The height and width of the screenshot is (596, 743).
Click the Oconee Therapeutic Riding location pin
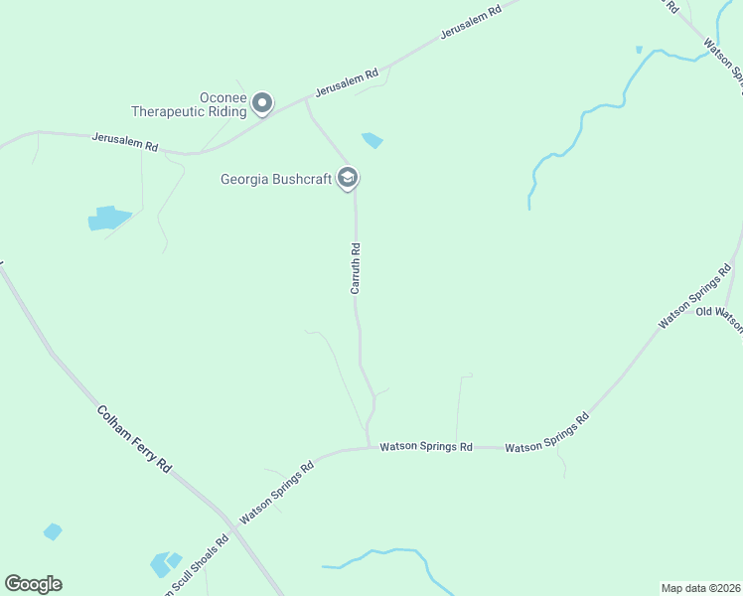(262, 102)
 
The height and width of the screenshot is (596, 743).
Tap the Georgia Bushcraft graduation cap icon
(348, 178)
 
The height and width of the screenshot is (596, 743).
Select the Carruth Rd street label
(355, 269)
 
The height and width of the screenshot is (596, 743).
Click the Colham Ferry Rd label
(134, 438)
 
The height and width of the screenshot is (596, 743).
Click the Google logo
(33, 584)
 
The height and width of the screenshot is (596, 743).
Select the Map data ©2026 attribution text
(700, 587)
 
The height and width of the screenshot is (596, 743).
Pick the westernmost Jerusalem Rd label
(125, 142)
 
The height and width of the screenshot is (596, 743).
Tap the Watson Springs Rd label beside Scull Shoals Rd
(277, 491)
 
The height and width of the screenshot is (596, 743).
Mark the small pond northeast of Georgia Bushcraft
(372, 140)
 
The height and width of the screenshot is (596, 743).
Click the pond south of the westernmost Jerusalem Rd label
(109, 218)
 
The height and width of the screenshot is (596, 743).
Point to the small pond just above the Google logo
(53, 532)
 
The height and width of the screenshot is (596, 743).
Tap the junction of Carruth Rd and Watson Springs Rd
(370, 447)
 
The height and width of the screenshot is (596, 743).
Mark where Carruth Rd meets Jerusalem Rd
(305, 100)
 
